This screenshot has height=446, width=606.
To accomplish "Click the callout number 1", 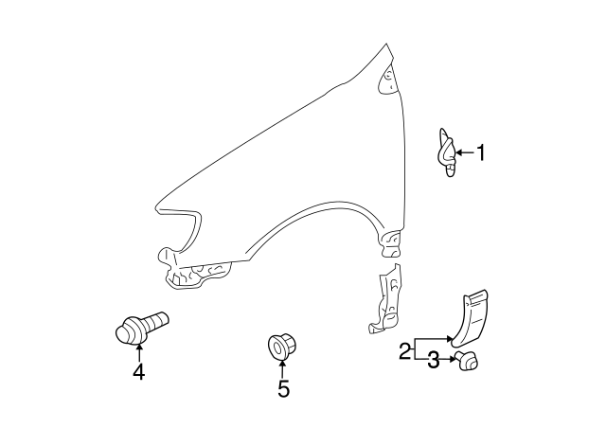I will point(480,152).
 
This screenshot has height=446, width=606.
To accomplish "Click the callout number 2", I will point(404,351).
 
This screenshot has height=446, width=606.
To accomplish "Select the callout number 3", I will point(433,359).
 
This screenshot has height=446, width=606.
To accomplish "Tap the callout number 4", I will point(138,372).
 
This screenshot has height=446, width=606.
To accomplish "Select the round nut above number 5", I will point(280,346).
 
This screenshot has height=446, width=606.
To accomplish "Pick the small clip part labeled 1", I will point(445,151).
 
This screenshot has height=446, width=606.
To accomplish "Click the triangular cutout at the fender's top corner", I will point(387,80).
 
